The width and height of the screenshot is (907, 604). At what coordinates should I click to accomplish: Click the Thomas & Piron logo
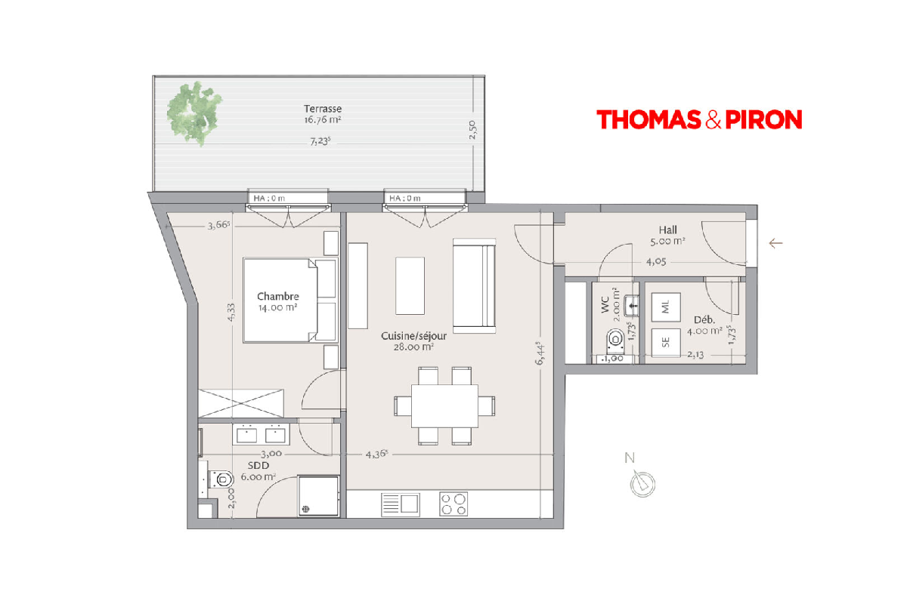[699, 119]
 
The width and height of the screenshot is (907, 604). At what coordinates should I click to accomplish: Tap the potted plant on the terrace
[194, 113]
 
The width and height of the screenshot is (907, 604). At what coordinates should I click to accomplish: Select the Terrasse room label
[323, 109]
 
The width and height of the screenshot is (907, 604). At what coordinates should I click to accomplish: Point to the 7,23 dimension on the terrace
[320, 141]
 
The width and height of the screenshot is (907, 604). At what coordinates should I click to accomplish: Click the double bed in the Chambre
[290, 300]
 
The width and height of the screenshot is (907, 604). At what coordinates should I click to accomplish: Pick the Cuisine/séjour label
[414, 336]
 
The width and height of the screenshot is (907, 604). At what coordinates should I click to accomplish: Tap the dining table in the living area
[444, 405]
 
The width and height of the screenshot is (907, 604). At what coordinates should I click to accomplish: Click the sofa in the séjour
[474, 285]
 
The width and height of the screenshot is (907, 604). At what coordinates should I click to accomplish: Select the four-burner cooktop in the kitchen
[453, 504]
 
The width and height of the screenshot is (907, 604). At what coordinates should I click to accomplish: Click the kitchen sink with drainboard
[401, 504]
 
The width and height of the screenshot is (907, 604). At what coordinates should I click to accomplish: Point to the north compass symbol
[642, 483]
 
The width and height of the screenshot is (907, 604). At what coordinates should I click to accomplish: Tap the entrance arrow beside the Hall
[775, 243]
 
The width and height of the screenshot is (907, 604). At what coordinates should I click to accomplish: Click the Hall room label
[667, 230]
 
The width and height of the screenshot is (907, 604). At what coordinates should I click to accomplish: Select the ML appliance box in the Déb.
[666, 307]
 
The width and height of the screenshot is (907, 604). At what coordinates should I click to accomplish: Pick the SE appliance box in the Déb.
[666, 343]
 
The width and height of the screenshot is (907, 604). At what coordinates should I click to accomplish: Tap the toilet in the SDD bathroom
[221, 479]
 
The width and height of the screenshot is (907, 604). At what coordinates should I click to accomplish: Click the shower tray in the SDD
[318, 496]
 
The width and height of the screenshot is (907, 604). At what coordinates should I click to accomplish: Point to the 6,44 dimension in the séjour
[540, 353]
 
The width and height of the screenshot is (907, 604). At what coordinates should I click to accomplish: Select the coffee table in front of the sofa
[410, 285]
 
